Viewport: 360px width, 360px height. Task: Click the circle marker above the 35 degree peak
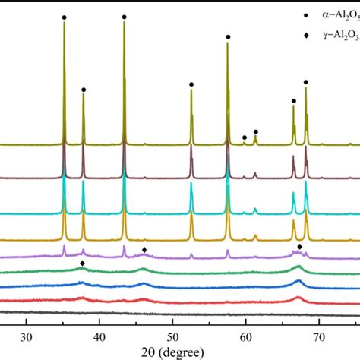[64, 17]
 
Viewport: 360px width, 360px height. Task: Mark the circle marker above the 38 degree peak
[84, 90]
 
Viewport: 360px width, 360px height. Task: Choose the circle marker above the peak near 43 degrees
[124, 17]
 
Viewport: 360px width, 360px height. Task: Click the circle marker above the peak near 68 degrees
[306, 82]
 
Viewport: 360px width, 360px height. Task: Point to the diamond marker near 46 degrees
[144, 249]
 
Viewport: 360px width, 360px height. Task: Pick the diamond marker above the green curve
[82, 263]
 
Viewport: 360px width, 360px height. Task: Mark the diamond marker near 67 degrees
[299, 246]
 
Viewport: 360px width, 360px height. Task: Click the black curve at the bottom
[175, 313]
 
